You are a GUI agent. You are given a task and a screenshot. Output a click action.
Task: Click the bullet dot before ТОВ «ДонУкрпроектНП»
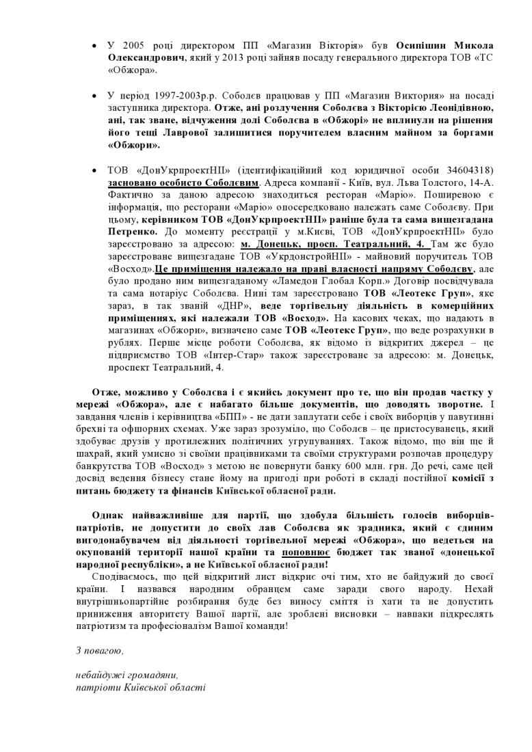pyautogui.click(x=94, y=170)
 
